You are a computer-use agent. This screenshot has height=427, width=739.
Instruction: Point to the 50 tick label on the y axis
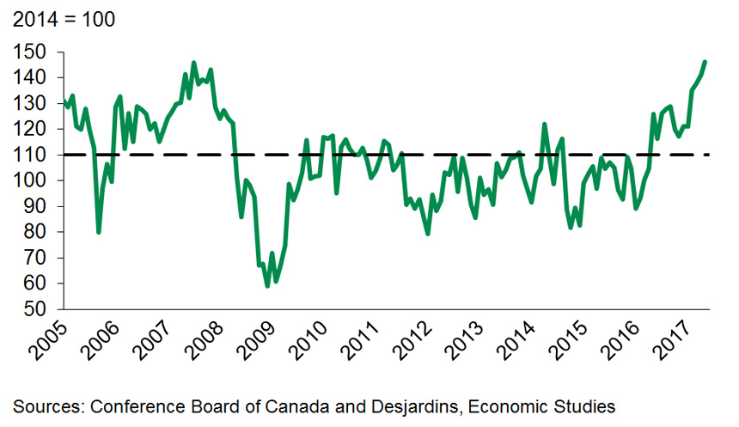click(35, 309)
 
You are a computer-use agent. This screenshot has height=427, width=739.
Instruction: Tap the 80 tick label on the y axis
click(35, 232)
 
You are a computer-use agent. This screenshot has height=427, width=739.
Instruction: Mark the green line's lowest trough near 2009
click(267, 285)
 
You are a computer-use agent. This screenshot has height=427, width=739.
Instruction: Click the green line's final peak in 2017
click(705, 62)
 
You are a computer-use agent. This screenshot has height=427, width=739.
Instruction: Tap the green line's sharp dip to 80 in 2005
click(99, 232)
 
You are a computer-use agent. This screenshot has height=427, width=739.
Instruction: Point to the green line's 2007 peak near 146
click(193, 63)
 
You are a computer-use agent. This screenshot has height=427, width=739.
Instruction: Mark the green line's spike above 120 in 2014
click(545, 124)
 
